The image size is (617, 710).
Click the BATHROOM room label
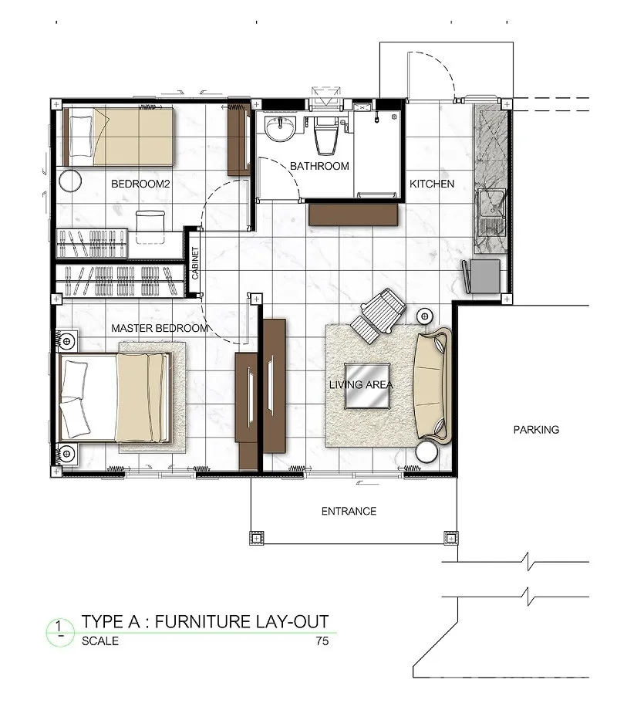tap(319, 166)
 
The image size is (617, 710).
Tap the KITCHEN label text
tap(432, 184)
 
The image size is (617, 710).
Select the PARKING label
tap(536, 430)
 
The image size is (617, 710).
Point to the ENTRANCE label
tap(349, 511)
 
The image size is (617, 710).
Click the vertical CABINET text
tap(195, 262)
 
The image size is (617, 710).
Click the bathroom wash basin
tap(280, 128)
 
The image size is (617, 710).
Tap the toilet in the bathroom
tap(326, 134)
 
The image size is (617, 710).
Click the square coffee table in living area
tap(367, 385)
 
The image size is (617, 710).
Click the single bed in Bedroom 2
tap(119, 137)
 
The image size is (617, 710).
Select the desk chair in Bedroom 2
tap(150, 227)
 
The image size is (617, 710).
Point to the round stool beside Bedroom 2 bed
tap(70, 181)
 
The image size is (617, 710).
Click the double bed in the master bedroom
tap(114, 397)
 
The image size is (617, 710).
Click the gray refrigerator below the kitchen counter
tap(485, 276)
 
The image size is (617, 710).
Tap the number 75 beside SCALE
tap(322, 641)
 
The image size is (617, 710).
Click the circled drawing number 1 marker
tap(60, 631)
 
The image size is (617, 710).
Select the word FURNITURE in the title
tap(202, 622)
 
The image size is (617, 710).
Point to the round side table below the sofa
tap(427, 452)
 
